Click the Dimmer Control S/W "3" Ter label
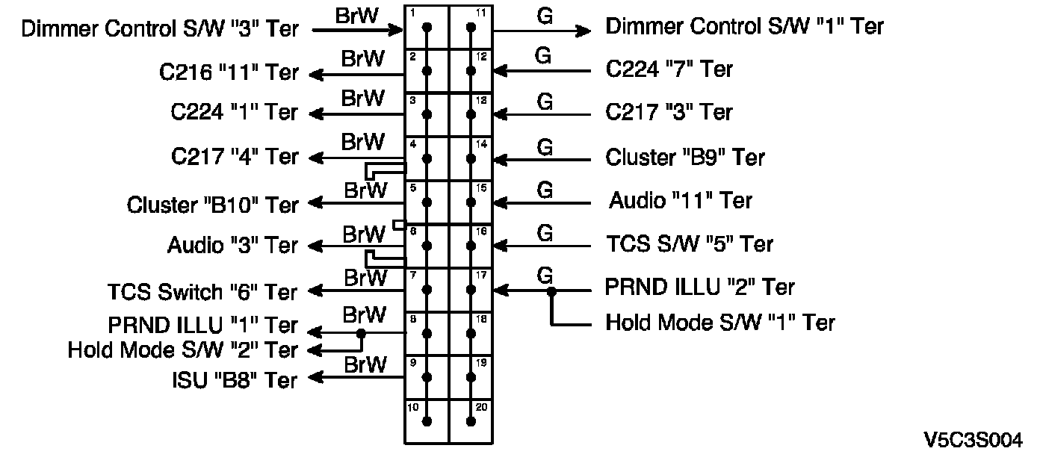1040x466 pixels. tap(160, 29)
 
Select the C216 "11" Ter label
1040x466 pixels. tap(229, 72)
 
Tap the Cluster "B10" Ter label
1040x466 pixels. tap(212, 205)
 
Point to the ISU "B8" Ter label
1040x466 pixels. tap(235, 380)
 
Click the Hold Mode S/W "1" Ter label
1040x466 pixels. tap(720, 323)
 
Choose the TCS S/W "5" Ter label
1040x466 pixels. tap(690, 244)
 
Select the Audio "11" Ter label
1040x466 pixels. tap(680, 200)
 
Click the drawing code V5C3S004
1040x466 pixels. tap(974, 440)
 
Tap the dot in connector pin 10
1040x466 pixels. tap(427, 421)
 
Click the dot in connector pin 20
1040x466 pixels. tap(471, 421)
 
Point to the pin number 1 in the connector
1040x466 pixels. tap(412, 13)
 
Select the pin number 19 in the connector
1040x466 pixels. tap(481, 362)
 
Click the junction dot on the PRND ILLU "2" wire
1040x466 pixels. tap(551, 291)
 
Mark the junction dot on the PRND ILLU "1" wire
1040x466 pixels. tap(361, 333)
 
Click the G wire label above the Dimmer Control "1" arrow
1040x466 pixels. tap(545, 16)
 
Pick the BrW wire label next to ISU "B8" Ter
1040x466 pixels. tap(365, 365)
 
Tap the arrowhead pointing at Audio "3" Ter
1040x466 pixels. tap(315, 246)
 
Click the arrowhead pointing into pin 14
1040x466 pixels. tap(501, 160)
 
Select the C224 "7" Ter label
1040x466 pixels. tap(669, 69)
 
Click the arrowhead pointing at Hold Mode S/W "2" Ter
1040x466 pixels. tap(315, 350)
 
